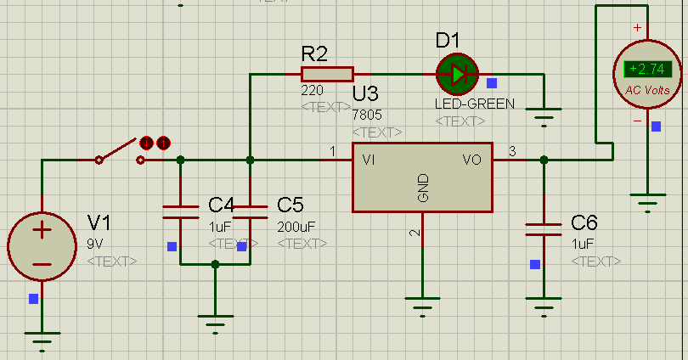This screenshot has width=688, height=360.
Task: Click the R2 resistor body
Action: (x=327, y=74)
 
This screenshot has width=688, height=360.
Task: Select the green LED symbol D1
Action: (x=457, y=75)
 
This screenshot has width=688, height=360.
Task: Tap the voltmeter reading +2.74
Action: (x=647, y=70)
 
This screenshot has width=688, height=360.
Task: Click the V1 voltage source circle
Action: (x=42, y=246)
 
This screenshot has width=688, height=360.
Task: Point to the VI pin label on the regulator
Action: (x=369, y=160)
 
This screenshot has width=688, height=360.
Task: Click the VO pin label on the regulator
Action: (x=472, y=160)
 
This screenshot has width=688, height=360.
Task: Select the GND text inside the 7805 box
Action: (x=423, y=188)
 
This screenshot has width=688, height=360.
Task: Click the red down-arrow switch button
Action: (x=147, y=143)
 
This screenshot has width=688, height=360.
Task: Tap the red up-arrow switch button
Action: (x=163, y=143)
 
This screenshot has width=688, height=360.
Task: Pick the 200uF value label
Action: (x=296, y=227)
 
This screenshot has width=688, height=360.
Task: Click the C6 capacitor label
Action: (x=584, y=223)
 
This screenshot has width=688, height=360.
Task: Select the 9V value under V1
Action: (x=95, y=244)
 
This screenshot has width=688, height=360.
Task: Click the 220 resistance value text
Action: (x=312, y=90)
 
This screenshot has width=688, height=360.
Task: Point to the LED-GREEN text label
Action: (x=475, y=104)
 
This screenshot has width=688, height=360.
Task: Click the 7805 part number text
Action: (x=367, y=115)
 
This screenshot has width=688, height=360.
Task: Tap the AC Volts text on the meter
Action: (x=647, y=90)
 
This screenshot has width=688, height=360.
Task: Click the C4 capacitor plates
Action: (x=181, y=212)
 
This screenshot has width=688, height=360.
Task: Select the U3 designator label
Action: (x=365, y=94)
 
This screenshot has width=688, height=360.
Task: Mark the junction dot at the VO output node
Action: (x=544, y=160)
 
